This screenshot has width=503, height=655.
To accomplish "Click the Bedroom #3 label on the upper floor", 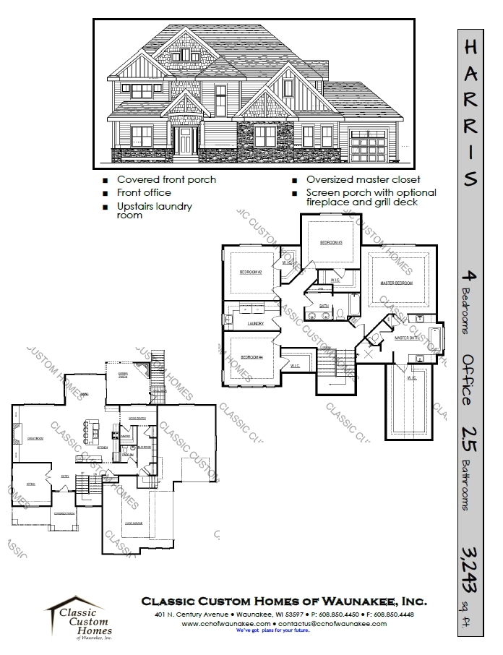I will (331, 242).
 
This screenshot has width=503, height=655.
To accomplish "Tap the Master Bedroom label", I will (396, 283).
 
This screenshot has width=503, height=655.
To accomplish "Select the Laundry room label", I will (254, 322).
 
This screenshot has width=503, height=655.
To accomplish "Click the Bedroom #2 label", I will (250, 272).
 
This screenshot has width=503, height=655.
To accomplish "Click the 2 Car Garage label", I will (135, 522).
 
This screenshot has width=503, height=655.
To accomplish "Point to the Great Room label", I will (35, 438).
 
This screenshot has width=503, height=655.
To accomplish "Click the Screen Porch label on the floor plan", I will (124, 376).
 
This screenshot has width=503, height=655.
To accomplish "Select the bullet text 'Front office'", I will (144, 192).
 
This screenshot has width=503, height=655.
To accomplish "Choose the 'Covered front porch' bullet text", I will (166, 179).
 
